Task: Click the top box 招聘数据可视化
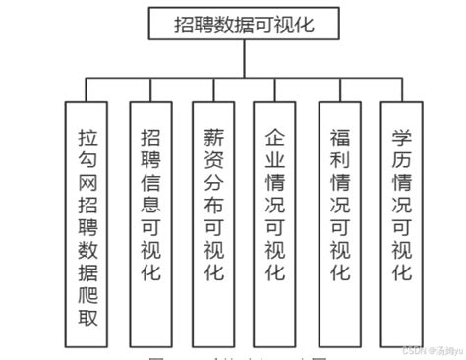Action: [x=244, y=22]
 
